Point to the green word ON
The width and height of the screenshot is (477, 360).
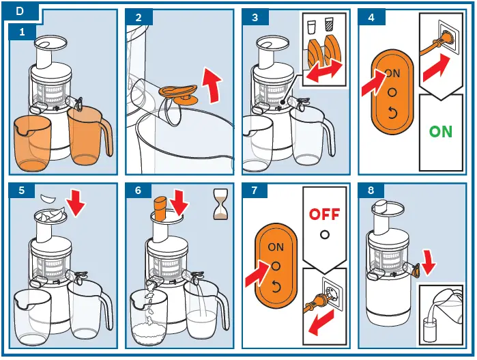point(440,131)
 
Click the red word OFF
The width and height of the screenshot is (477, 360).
point(324,214)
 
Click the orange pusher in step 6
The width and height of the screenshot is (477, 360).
point(160,208)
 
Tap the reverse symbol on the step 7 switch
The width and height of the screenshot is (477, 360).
point(276,286)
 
